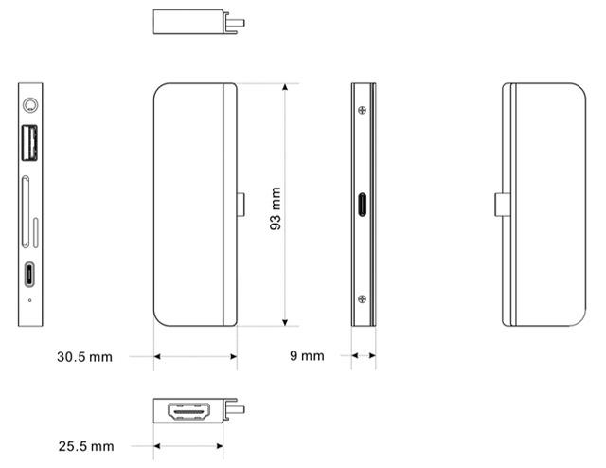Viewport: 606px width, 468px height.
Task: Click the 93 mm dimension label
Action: point(276,208)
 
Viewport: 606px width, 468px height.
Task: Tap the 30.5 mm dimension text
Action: point(84,356)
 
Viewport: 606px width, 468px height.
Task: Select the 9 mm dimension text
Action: point(307,356)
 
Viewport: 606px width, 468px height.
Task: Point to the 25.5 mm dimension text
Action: point(86,446)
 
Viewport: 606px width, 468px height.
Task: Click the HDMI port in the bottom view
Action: point(189,411)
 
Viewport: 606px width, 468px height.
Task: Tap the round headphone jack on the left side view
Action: point(30,105)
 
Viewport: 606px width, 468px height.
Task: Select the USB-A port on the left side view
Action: point(29,143)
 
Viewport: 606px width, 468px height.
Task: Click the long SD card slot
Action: point(26,211)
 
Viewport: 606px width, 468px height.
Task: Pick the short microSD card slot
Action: point(36,233)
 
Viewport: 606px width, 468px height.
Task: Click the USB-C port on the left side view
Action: point(29,275)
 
